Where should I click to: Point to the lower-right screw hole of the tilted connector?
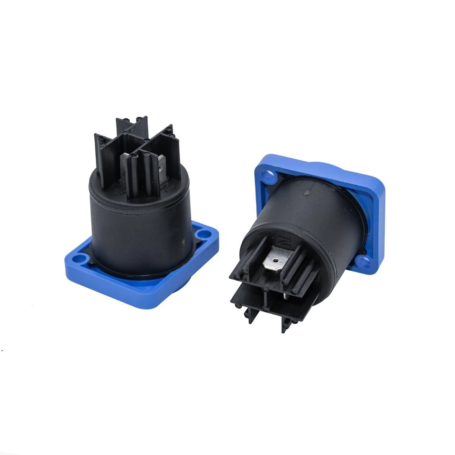pos(363,261)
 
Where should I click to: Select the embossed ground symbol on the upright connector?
pos(119,192)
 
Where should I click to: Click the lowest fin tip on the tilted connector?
pos(284,327)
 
